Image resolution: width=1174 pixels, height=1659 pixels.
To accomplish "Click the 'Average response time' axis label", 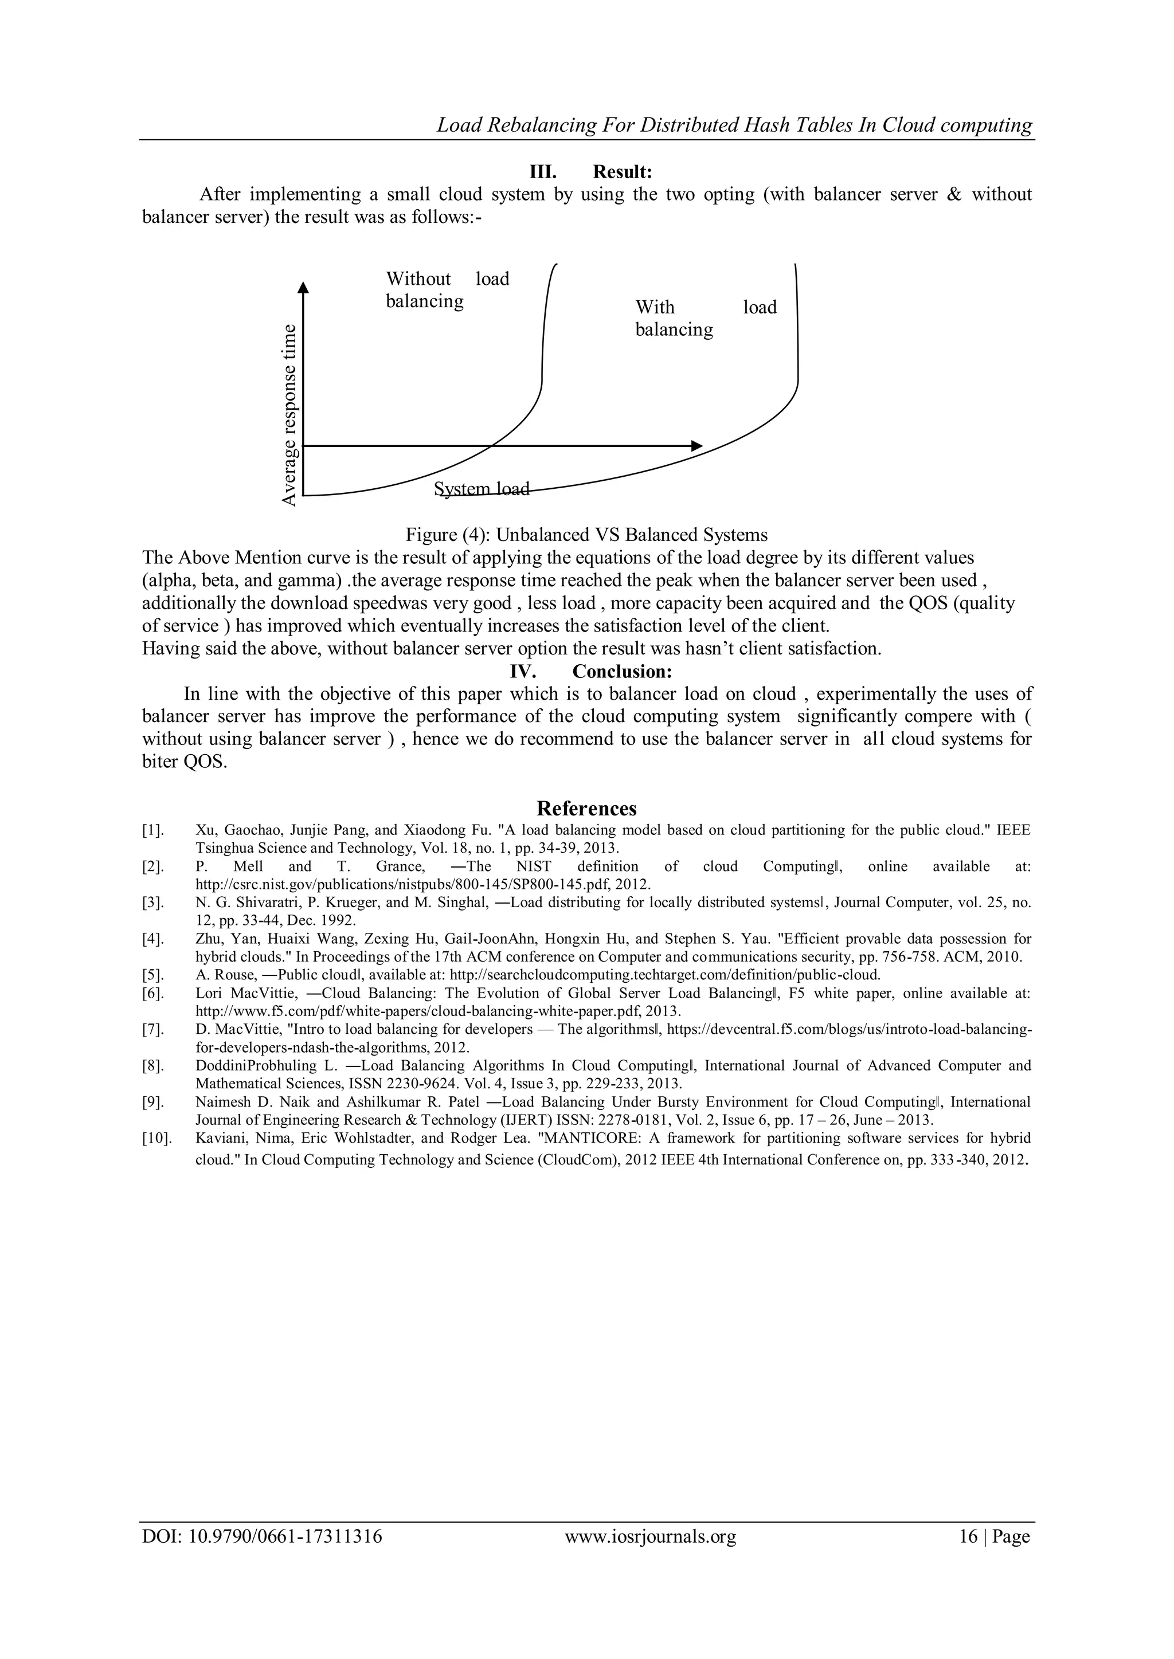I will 289,415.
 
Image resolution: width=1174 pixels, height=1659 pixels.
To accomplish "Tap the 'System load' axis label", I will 482,489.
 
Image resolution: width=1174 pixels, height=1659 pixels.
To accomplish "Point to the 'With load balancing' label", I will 705,318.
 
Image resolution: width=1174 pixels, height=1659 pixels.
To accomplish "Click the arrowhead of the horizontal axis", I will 697,446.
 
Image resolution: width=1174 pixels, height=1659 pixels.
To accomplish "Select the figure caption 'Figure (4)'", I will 586,535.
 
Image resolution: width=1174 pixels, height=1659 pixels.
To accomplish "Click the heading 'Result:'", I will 623,172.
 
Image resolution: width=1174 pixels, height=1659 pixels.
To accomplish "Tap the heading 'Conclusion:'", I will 628,671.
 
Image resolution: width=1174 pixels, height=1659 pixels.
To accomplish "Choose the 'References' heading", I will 586,808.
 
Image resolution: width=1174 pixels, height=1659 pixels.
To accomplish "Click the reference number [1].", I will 153,830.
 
